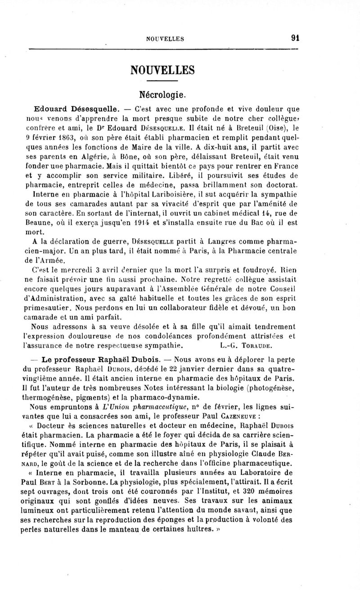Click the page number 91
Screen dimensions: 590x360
click(x=295, y=38)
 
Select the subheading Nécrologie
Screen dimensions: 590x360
click(x=162, y=95)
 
